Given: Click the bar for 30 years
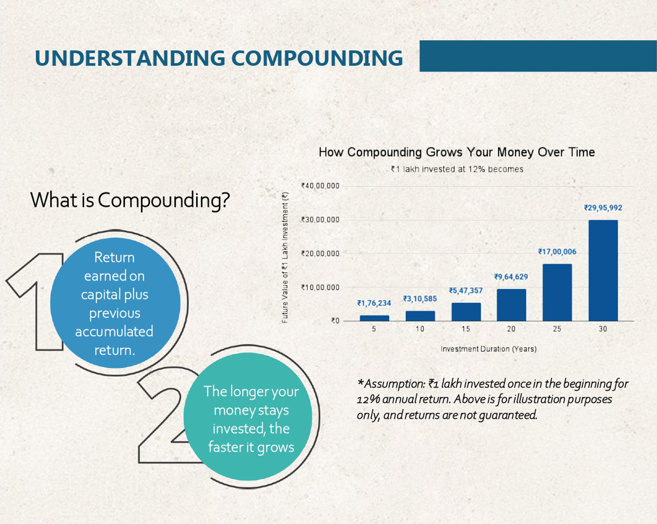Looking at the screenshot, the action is pyautogui.click(x=603, y=271).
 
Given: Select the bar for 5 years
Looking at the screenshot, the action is pyautogui.click(x=375, y=318).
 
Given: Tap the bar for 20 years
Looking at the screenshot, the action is pyautogui.click(x=511, y=305).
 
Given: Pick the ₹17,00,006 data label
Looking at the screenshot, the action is pyautogui.click(x=557, y=252).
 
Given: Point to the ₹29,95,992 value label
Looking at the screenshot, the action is pyautogui.click(x=603, y=208).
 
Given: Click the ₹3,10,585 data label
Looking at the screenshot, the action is pyautogui.click(x=420, y=299).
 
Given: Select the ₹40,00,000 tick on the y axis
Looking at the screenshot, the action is pyautogui.click(x=320, y=186).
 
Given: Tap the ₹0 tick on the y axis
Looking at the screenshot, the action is pyautogui.click(x=335, y=321).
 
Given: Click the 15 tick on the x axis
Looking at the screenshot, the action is pyautogui.click(x=466, y=329).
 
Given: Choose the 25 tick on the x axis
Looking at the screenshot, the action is pyautogui.click(x=557, y=329).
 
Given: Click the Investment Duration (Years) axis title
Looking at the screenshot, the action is pyautogui.click(x=488, y=349).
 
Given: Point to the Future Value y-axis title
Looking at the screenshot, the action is pyautogui.click(x=285, y=258).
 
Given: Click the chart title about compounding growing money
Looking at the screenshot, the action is pyautogui.click(x=457, y=152).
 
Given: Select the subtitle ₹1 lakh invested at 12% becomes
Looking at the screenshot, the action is pyautogui.click(x=457, y=169).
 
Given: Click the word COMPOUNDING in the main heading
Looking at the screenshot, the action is pyautogui.click(x=317, y=58).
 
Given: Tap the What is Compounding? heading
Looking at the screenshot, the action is pyautogui.click(x=130, y=200).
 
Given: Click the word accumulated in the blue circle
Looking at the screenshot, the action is pyautogui.click(x=114, y=332).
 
